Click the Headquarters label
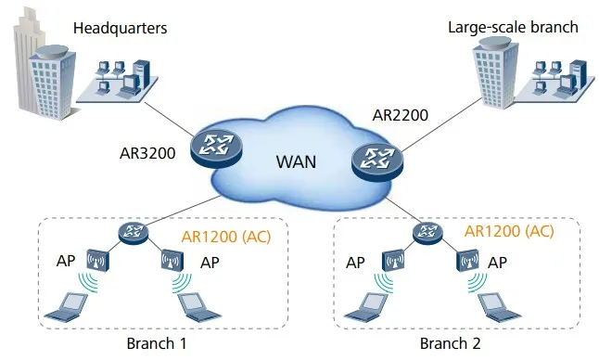(x=120, y=28)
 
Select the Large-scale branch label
(x=513, y=27)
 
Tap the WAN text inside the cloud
(x=296, y=161)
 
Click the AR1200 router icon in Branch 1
(x=134, y=231)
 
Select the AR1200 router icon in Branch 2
(x=428, y=231)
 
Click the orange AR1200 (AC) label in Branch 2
(x=509, y=230)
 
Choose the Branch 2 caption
(x=450, y=343)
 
